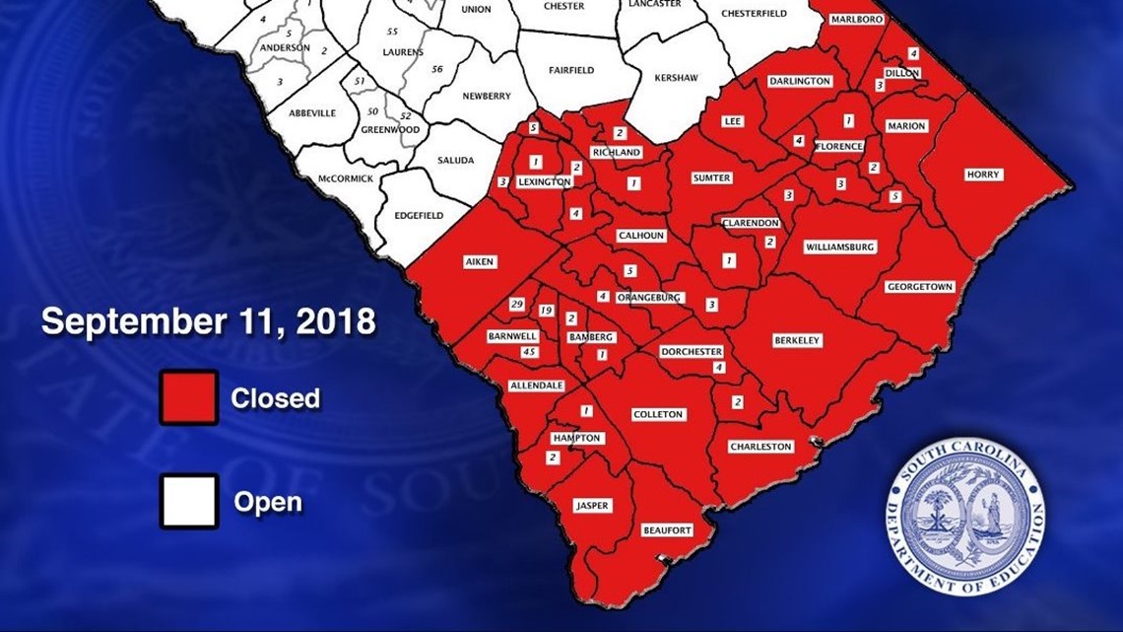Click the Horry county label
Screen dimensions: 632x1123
click(983, 175)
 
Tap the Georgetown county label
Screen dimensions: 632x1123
click(920, 287)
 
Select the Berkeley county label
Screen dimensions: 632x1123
click(797, 340)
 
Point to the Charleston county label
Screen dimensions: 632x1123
click(760, 447)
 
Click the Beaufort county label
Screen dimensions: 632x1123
click(667, 530)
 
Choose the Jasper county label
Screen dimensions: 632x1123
click(592, 506)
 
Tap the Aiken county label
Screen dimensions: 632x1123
click(480, 262)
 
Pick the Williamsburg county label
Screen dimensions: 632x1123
click(839, 246)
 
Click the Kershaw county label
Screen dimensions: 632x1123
click(677, 76)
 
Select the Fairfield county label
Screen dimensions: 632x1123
click(571, 70)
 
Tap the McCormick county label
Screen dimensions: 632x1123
click(346, 178)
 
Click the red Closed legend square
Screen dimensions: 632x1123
click(189, 398)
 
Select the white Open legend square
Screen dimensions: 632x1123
click(189, 502)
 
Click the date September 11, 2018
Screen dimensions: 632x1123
click(208, 321)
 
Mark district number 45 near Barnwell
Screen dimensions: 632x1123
click(529, 352)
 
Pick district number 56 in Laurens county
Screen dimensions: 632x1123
click(437, 69)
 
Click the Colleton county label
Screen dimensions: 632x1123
click(657, 414)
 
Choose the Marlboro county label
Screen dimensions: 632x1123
click(855, 19)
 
